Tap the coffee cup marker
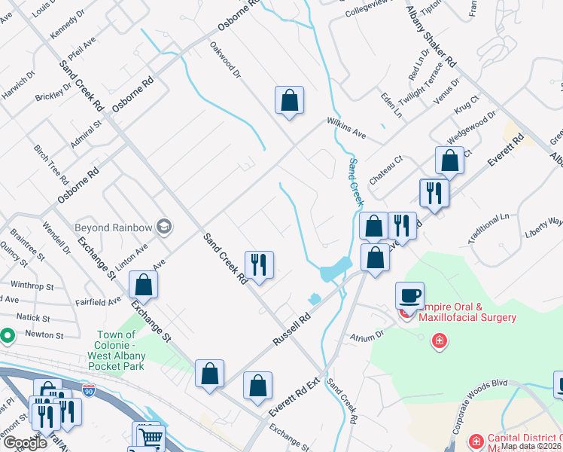409,295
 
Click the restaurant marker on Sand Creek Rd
259,265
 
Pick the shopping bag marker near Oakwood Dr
289,100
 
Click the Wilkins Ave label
345,128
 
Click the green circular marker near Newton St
7,334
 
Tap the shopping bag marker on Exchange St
143,286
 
